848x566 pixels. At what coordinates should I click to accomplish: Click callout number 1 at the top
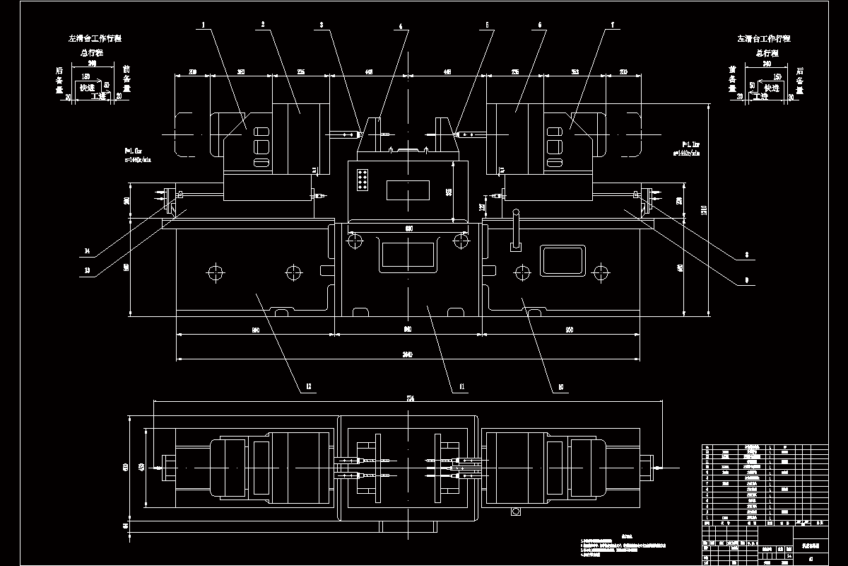[x=204, y=25]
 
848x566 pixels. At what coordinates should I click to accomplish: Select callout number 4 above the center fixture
[x=400, y=26]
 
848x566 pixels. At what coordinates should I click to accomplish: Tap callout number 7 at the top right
[x=613, y=25]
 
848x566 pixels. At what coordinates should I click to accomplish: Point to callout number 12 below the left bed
[x=307, y=387]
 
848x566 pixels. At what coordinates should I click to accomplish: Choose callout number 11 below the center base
[x=461, y=387]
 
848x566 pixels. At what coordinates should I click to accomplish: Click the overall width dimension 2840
[x=407, y=354]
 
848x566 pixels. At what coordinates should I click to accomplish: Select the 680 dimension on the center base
[x=408, y=228]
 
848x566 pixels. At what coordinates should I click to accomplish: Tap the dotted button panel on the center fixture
[x=363, y=180]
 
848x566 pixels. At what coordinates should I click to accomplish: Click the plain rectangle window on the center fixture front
[x=408, y=190]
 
